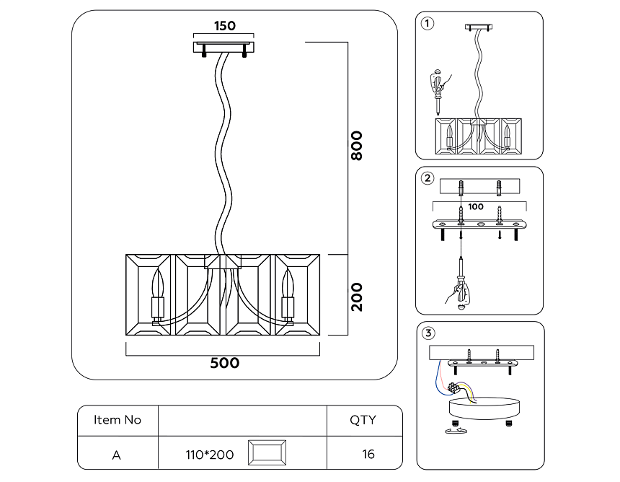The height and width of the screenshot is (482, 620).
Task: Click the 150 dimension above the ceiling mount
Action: coord(225,26)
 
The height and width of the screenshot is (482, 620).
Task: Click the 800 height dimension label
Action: coord(356,146)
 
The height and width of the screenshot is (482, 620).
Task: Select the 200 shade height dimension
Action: coord(356,296)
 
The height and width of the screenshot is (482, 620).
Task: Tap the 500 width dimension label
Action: coord(225,363)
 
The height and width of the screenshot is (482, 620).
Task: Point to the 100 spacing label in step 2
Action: coord(476,206)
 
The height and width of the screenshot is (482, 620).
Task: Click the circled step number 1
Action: coord(428,23)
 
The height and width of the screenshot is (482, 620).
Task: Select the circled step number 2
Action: coord(428,178)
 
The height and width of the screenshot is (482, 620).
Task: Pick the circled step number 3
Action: coord(428,333)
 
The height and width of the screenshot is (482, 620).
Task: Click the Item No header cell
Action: coord(118,420)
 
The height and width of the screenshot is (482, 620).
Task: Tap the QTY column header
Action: coord(363,420)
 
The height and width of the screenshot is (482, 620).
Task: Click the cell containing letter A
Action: coord(117,455)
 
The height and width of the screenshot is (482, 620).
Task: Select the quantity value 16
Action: coord(368,455)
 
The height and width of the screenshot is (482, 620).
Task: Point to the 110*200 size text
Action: coord(210,455)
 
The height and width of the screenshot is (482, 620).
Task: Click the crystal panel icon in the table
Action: coord(267,455)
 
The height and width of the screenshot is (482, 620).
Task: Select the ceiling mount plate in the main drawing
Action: coord(224,47)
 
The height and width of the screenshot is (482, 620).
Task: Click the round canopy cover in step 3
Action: coord(481,408)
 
